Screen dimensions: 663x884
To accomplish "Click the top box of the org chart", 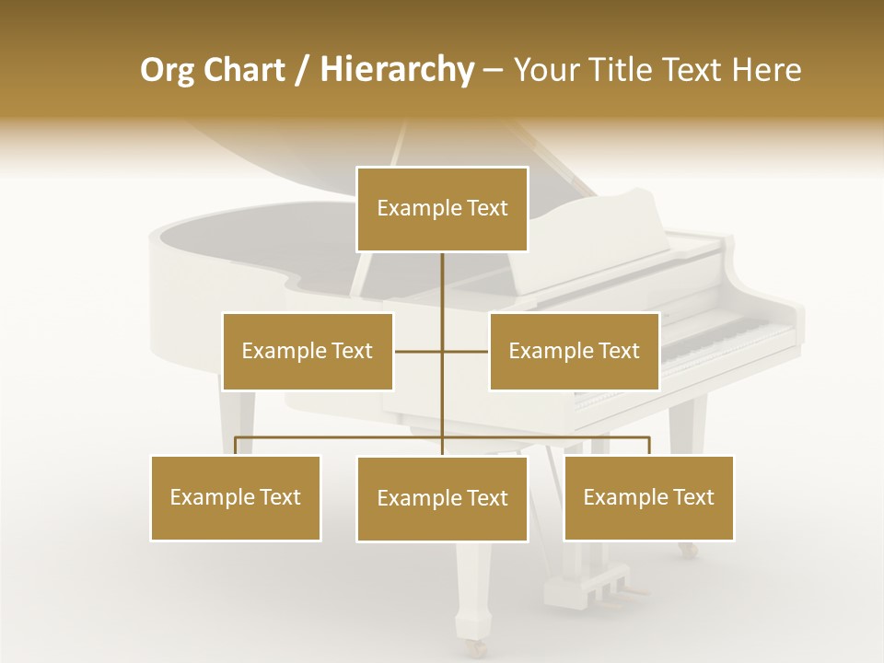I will click(442, 209).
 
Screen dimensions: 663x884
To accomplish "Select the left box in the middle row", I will click(308, 351).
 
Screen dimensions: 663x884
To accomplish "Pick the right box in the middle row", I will click(574, 351).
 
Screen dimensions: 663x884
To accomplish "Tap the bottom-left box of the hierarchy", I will click(236, 497).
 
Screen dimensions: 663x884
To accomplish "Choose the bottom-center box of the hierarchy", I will click(442, 498).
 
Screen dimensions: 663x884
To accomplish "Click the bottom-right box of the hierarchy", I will click(648, 497).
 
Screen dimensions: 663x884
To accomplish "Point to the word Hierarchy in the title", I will click(395, 70).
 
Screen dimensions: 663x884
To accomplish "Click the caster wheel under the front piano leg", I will click(476, 647).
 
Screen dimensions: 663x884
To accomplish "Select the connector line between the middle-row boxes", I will click(441, 351).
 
